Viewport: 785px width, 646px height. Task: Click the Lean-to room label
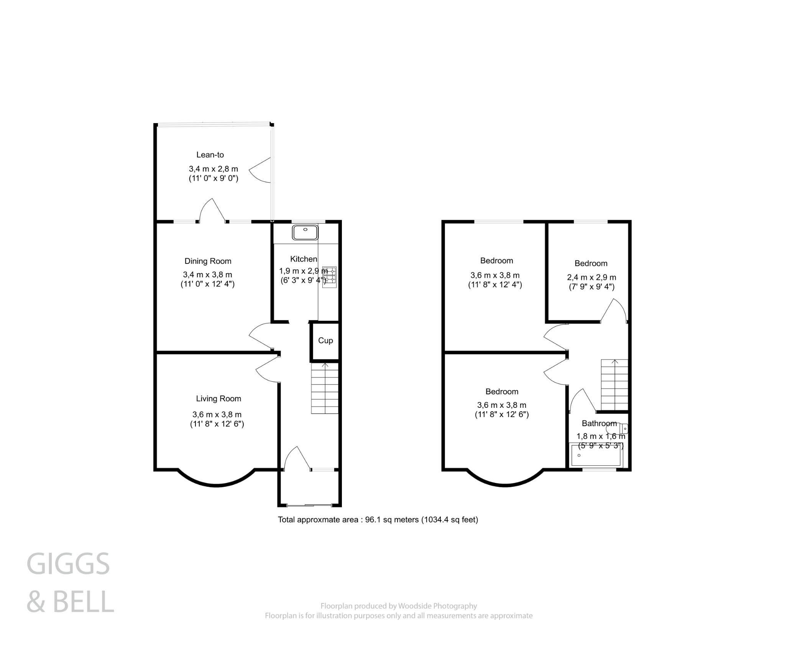click(x=210, y=155)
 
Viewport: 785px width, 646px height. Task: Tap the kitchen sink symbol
click(x=305, y=232)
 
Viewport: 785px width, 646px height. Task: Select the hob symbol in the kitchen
click(x=329, y=277)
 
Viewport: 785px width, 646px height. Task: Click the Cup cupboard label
click(x=325, y=341)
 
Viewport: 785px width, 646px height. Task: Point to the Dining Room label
click(x=208, y=261)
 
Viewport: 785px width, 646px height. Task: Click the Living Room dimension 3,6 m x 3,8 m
click(x=217, y=414)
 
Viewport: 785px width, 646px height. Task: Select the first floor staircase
click(x=614, y=385)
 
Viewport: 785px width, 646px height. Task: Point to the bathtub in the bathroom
click(x=596, y=455)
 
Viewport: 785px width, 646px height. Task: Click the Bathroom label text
click(x=599, y=424)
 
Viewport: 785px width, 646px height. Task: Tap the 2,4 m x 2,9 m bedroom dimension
click(x=591, y=277)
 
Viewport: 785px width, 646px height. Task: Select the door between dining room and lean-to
click(x=212, y=211)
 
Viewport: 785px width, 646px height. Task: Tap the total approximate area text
click(x=378, y=520)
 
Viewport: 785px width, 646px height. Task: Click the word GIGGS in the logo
click(x=68, y=564)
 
